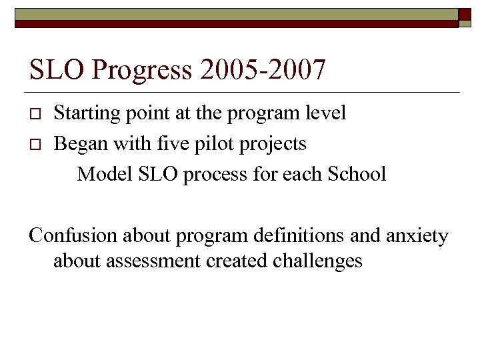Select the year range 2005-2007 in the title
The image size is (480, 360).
269,69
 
